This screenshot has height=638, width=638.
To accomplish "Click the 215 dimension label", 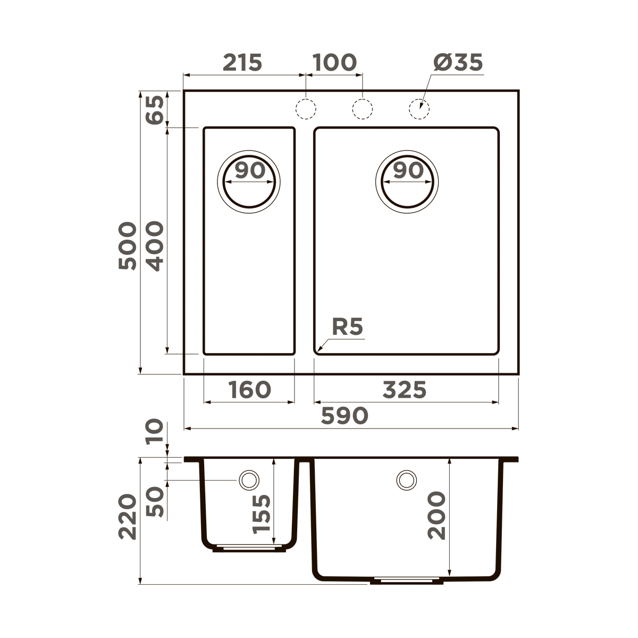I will click(242, 63).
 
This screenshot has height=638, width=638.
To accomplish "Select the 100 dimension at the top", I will click(334, 63).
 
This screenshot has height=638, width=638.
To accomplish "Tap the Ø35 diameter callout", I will click(458, 63).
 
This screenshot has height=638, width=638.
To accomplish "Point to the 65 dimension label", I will click(155, 110).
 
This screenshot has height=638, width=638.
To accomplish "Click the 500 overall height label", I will click(128, 246).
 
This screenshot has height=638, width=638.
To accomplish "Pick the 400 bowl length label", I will click(155, 246).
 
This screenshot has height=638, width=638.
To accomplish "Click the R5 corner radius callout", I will click(347, 327).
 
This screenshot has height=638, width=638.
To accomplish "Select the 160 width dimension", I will click(249, 390).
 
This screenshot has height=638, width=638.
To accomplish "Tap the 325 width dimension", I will click(405, 390).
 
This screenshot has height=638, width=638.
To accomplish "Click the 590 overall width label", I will click(345, 415).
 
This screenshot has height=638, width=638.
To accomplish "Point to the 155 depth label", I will click(261, 514).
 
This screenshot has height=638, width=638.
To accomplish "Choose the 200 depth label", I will click(437, 516).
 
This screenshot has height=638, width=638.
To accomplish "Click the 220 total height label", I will click(128, 517).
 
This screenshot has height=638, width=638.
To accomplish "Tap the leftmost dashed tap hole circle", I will click(306, 108).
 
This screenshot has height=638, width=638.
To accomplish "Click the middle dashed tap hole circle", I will click(363, 108).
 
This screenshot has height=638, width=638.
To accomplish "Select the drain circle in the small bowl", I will click(249, 181).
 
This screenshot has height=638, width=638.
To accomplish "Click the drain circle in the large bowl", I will click(407, 181).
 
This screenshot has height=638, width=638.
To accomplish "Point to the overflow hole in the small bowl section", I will click(248, 480).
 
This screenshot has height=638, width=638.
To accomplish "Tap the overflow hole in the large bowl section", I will click(406, 480).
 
